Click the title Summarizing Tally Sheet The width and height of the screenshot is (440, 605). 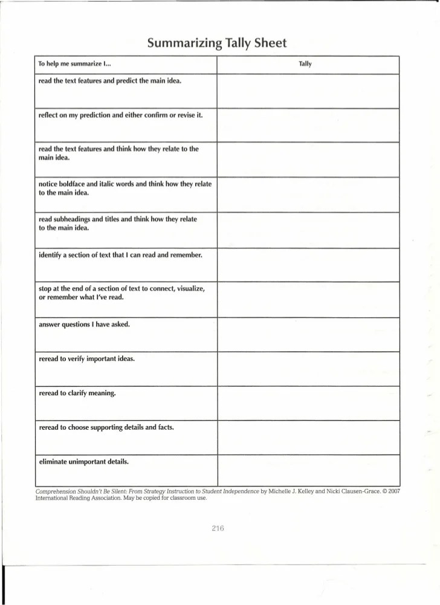pos(216,44)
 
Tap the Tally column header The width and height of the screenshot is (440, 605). pos(305,63)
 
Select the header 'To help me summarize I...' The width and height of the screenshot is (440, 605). pos(74,63)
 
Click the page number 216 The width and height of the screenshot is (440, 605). pos(218,528)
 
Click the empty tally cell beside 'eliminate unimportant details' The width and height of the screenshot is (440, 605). pos(308,470)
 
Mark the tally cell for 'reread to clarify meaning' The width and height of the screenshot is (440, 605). pos(308,403)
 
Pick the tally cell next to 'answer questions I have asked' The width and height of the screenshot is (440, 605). pos(308,334)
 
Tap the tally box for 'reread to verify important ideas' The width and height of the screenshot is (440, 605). pos(308,369)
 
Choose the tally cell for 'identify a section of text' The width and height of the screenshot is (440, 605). pos(308,265)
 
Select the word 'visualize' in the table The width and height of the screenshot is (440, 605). pos(190,288)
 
